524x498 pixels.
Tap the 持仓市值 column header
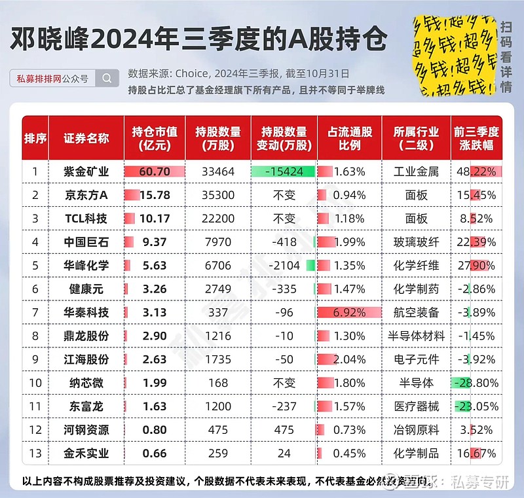pos(155,138)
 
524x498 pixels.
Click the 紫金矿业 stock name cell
pos(86,172)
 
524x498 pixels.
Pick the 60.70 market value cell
pos(155,172)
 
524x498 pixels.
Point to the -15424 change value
pos(283,172)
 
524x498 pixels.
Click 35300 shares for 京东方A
pos(218,195)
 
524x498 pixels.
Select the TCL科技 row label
pos(86,219)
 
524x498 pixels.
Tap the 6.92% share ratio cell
pos(349,312)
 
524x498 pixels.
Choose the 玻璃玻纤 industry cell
pos(416,242)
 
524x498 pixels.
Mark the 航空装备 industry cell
pos(416,312)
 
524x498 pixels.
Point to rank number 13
pos(35,453)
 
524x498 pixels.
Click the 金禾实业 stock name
pos(86,453)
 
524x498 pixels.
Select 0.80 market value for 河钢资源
pos(155,430)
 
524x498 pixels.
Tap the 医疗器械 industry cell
pos(416,406)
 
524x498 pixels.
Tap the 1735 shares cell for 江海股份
pos(218,359)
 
